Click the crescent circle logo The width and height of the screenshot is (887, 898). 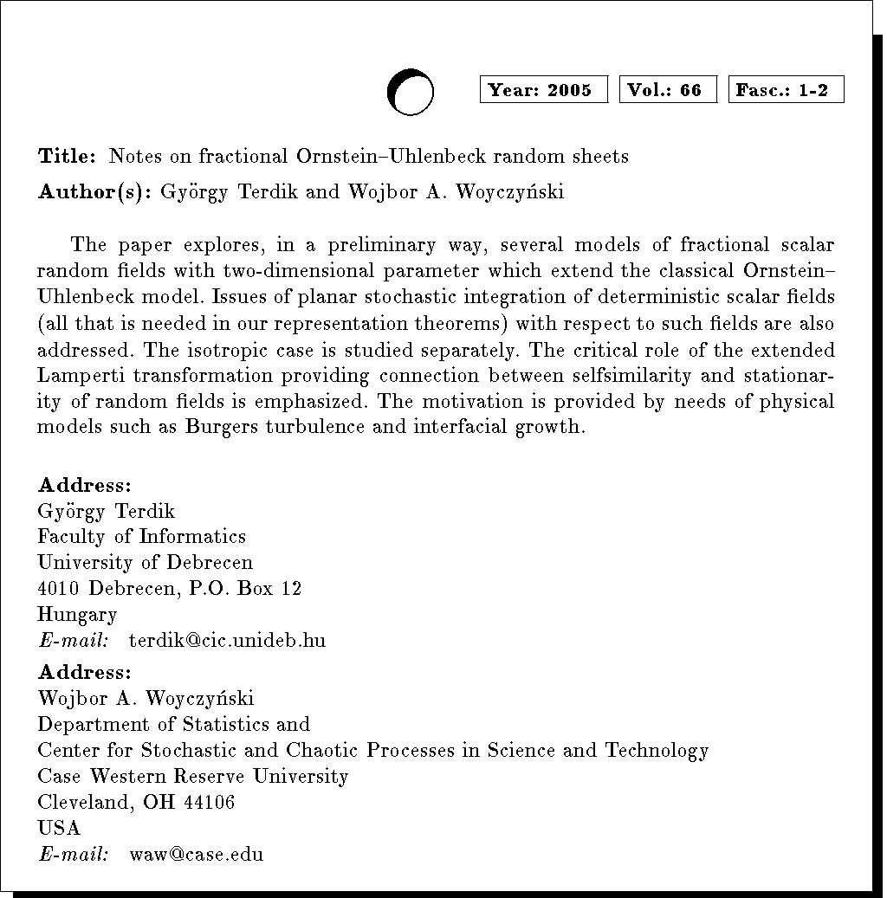(x=410, y=91)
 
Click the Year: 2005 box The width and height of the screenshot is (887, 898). (x=543, y=90)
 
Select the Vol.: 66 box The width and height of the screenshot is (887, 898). (x=668, y=90)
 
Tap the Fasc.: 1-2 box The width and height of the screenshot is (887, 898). (x=787, y=90)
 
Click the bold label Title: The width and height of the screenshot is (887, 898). (x=67, y=157)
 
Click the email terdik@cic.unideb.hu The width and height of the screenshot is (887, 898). (x=227, y=642)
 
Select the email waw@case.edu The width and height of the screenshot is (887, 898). (x=196, y=855)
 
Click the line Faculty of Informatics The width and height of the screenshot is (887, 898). (x=141, y=537)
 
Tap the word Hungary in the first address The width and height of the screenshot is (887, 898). (x=77, y=616)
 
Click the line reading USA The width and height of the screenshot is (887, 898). (x=59, y=828)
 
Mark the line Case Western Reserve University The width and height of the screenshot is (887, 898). (x=193, y=776)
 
